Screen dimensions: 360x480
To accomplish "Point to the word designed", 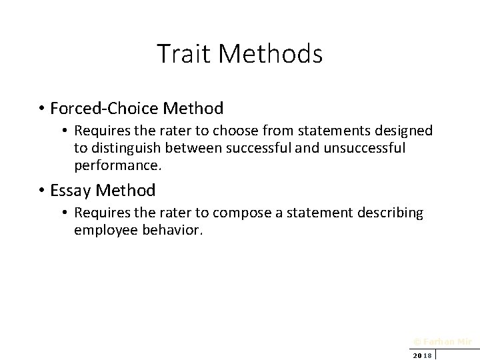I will coord(408,131).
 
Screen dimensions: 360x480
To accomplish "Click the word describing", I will coord(391,213).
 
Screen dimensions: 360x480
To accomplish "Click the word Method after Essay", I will coord(126,191).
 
